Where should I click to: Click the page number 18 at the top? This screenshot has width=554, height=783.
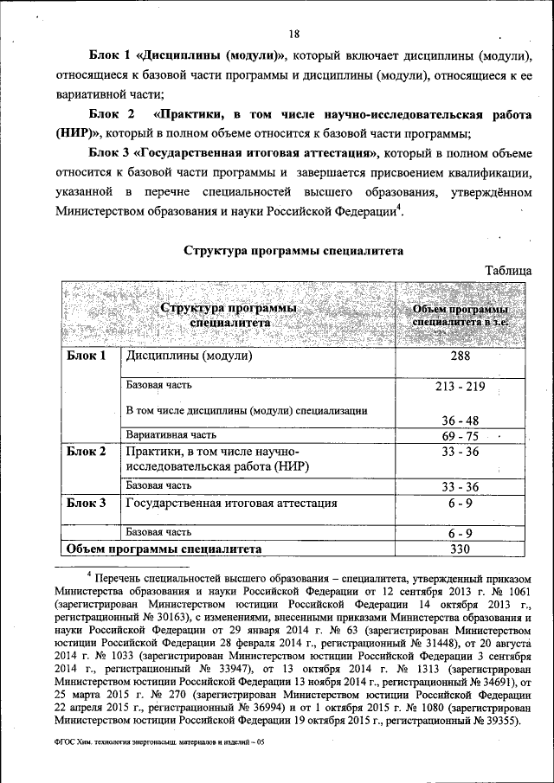[294, 35]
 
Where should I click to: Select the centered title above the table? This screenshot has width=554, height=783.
[293, 251]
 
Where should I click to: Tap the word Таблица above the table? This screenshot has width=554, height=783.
[508, 270]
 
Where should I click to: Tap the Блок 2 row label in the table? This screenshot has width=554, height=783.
[87, 452]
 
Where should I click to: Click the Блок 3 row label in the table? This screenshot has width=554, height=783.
[87, 503]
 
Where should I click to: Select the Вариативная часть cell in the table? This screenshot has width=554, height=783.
[170, 435]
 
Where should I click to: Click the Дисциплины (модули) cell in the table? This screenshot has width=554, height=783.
[190, 356]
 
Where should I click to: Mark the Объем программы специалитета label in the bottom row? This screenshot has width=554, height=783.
[163, 549]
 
